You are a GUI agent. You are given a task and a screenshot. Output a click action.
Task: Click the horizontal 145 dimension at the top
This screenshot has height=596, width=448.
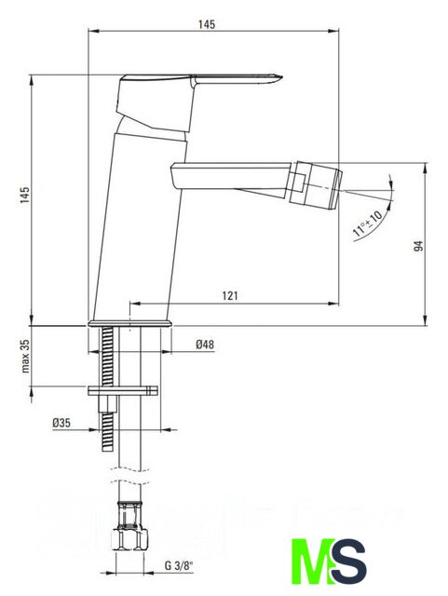pos(207,24)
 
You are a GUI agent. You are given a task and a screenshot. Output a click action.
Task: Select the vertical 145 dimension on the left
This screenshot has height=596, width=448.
pos(25,195)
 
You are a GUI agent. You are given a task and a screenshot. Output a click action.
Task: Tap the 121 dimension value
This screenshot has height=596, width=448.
pos(230,296)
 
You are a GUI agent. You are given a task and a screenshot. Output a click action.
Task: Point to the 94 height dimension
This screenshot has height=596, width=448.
pos(418,246)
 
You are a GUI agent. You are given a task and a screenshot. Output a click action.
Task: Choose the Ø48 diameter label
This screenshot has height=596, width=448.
pos(205,345)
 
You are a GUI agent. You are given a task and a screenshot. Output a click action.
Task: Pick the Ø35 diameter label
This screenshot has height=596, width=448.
pos(61,423)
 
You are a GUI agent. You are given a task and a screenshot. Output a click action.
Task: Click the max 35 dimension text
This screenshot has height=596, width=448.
pos(25,356)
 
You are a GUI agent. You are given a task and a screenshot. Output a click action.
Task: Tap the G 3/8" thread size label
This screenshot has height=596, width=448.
pos(179,565)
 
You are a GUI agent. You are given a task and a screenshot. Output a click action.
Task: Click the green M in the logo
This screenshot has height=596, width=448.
pos(313,561)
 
